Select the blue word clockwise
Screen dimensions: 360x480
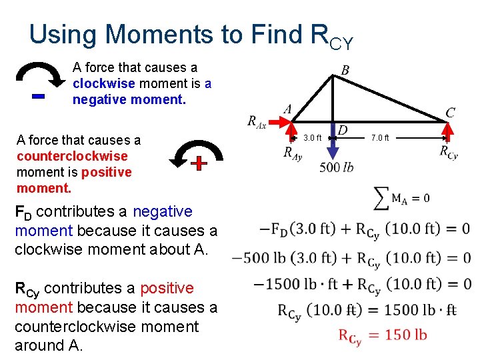pos(103,84)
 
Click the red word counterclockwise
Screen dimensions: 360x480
pos(72,156)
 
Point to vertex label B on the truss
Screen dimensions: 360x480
pos(345,70)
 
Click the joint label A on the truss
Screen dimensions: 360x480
pos(287,109)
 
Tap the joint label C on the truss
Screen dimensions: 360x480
pos(450,113)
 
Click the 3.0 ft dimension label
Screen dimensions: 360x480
pos(313,138)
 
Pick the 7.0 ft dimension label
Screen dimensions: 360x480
pos(381,138)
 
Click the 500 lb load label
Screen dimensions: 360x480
pos(337,167)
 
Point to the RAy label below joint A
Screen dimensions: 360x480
pos(292,153)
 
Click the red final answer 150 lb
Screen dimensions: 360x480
pos(382,335)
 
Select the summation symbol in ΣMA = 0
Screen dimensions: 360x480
pos(381,197)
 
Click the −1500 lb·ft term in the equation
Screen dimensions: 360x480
pos(287,285)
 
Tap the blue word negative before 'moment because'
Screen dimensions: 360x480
pos(162,212)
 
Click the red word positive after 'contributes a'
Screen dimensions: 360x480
pos(162,289)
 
